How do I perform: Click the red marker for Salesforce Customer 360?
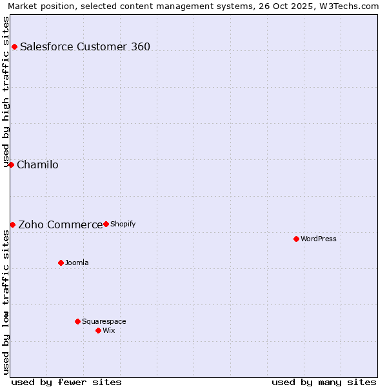(x=14, y=46)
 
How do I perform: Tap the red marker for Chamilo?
(x=11, y=164)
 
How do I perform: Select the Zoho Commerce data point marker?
(x=12, y=224)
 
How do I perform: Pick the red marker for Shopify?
(x=106, y=224)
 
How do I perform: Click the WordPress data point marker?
(x=296, y=239)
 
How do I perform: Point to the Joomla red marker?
(x=61, y=263)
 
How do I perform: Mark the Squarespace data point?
(x=77, y=321)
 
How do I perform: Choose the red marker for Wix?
(x=98, y=330)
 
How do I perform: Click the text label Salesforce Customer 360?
(x=85, y=46)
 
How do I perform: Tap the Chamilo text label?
(x=37, y=164)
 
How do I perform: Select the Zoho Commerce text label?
(x=60, y=224)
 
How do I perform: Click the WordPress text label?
(x=319, y=239)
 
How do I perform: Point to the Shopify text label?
(x=123, y=224)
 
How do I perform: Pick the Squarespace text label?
(x=104, y=321)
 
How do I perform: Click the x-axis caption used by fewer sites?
(x=66, y=382)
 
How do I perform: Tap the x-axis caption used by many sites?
(x=324, y=382)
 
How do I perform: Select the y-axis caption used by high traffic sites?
(x=6, y=92)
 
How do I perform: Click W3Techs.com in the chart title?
(x=352, y=6)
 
